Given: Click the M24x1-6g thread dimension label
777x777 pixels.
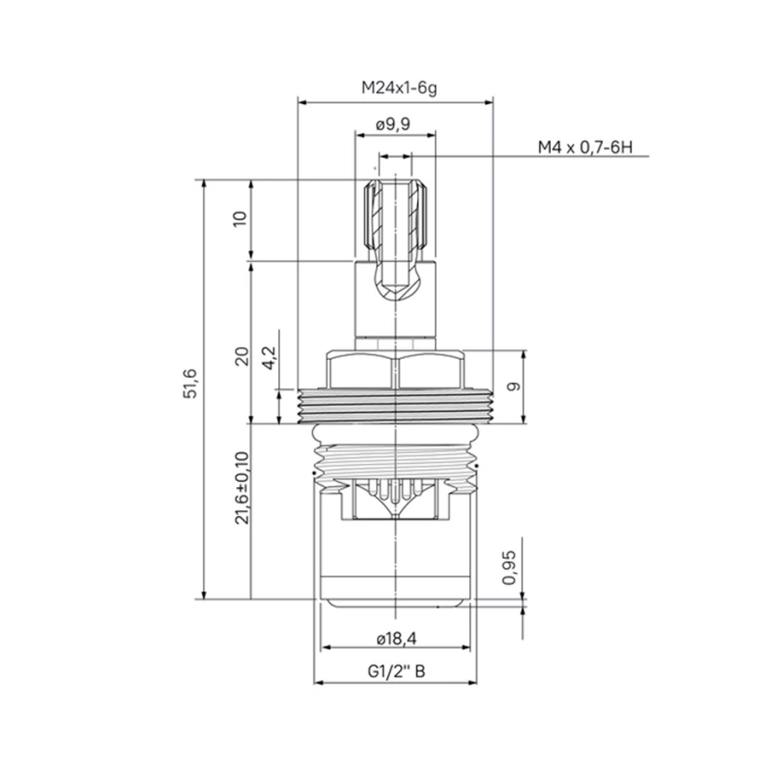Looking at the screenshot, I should click(396, 88).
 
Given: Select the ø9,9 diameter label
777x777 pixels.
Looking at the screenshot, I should click(394, 125).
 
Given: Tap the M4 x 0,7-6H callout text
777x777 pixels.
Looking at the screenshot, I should click(585, 146).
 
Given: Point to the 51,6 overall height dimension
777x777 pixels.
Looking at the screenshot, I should click(191, 388).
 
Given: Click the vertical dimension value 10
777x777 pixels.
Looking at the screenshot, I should click(239, 219).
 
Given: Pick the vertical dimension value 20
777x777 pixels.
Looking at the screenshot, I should click(239, 356).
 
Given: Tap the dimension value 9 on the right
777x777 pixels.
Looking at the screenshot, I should click(513, 387).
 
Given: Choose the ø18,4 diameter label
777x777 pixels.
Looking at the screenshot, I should click(394, 638).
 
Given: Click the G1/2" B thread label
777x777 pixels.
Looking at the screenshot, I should click(395, 671).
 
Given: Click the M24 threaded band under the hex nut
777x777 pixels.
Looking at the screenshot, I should click(396, 404).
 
